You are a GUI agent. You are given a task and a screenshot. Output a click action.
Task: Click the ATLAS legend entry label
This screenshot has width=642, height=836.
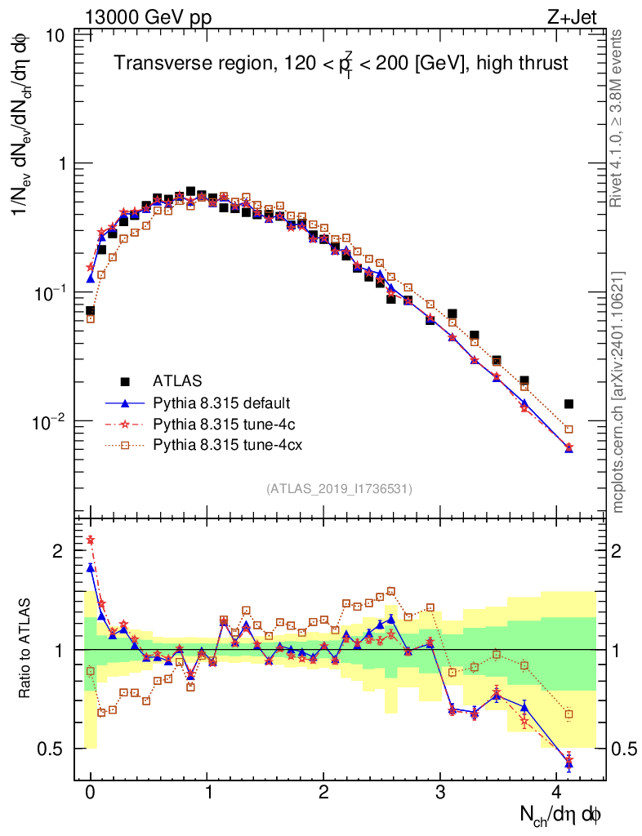pos(176,380)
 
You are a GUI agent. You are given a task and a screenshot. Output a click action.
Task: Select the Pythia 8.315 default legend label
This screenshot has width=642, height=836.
pos(221,402)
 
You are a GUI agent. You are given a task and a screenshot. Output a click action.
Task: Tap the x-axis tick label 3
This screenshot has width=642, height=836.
pos(440,793)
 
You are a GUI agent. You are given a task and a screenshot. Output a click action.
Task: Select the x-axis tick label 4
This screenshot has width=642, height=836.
pos(557,793)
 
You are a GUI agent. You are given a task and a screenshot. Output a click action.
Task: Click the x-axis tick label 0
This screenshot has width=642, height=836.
pos(90,793)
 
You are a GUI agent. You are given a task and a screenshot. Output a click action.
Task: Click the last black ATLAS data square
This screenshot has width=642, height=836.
pos(568,403)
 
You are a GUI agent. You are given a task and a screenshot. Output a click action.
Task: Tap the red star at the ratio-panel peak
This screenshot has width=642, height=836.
pos(91,540)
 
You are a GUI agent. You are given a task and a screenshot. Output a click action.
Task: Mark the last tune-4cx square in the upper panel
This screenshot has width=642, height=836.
pos(568,429)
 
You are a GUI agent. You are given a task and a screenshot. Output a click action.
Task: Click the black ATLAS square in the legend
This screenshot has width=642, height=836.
pos(125,380)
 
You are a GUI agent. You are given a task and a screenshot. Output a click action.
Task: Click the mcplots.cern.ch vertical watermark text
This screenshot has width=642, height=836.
pos(618,392)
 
